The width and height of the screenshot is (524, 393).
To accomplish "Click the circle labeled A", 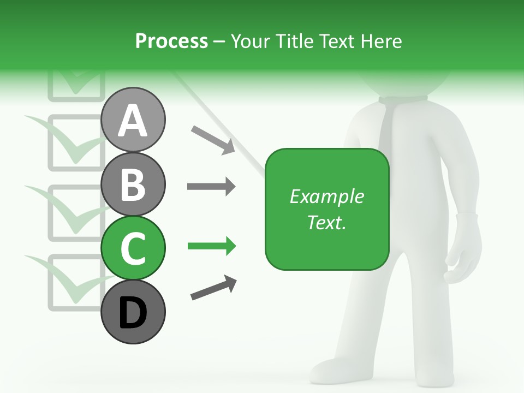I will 133,120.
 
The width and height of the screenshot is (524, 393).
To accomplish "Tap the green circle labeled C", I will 133,248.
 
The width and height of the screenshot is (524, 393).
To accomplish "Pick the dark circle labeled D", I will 133,312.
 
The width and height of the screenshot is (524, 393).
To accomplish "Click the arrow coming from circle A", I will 213,140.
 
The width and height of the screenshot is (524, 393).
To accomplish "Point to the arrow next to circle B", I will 211,187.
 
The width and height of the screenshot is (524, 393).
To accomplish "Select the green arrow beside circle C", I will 211,247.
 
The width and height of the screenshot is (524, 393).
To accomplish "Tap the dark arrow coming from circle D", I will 213,288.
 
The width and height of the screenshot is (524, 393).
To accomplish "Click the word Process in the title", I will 171,41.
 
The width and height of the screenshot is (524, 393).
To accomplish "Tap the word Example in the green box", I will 326,196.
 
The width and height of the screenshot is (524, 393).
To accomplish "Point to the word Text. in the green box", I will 326,222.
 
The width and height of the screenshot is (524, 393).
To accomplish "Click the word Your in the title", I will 252,41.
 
